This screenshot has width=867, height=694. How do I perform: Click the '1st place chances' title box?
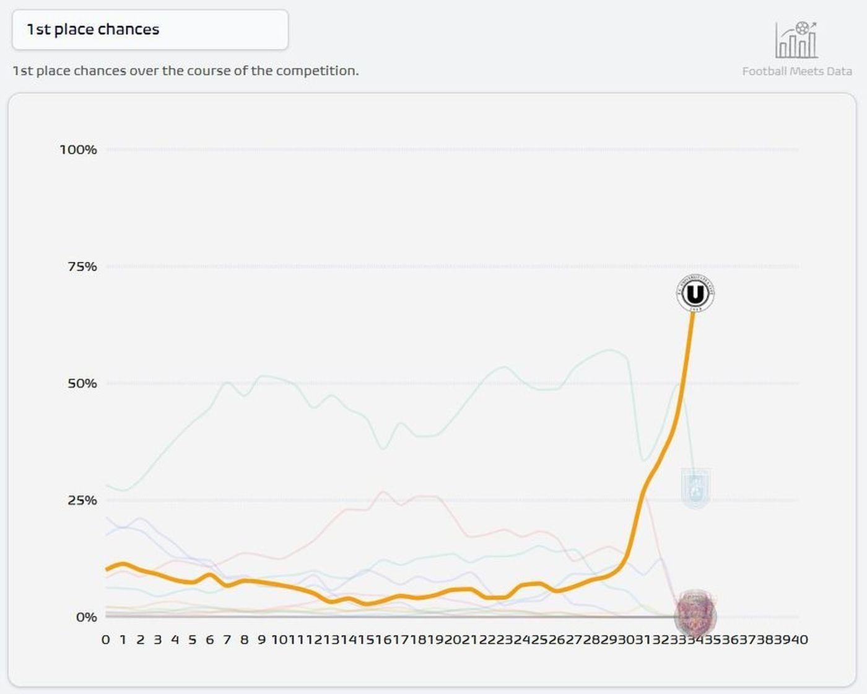[x=150, y=30]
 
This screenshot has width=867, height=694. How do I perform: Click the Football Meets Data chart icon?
[x=796, y=40]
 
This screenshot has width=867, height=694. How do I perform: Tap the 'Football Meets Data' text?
[x=797, y=71]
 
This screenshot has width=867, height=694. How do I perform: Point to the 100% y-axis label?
[x=78, y=149]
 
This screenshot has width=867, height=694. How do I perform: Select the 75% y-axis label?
[x=82, y=266]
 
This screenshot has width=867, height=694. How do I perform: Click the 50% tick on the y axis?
[x=82, y=384]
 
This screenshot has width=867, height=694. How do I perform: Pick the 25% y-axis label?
[x=82, y=500]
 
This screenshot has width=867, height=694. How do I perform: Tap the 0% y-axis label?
[x=86, y=617]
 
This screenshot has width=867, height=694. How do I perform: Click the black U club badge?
[x=695, y=293]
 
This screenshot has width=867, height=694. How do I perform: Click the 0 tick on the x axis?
[x=105, y=639]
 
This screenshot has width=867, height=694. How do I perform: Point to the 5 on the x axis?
[x=192, y=639]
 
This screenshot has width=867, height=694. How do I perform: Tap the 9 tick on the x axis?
[x=261, y=639]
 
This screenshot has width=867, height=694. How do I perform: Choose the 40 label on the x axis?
[x=799, y=639]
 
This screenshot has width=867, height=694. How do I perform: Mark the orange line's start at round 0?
[x=106, y=569]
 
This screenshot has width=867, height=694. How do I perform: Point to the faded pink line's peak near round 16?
[x=383, y=492]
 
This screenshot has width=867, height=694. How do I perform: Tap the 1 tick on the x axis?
[x=123, y=639]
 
